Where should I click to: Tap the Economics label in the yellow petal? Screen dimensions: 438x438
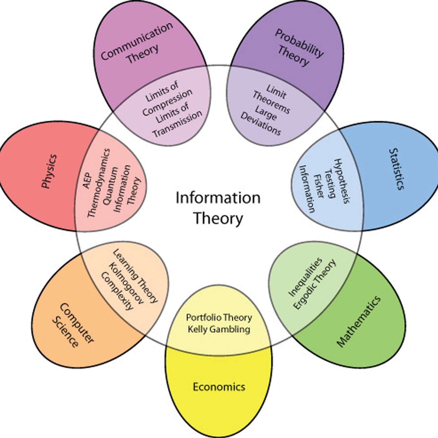219,387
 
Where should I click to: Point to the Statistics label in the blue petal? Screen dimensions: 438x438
397,169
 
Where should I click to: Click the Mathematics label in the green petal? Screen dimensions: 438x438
359,321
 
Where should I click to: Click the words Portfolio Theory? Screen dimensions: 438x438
219,318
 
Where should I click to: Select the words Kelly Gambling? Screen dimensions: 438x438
219,329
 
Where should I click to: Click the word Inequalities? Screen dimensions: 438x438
305,277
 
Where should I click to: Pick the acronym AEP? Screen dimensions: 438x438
87,181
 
